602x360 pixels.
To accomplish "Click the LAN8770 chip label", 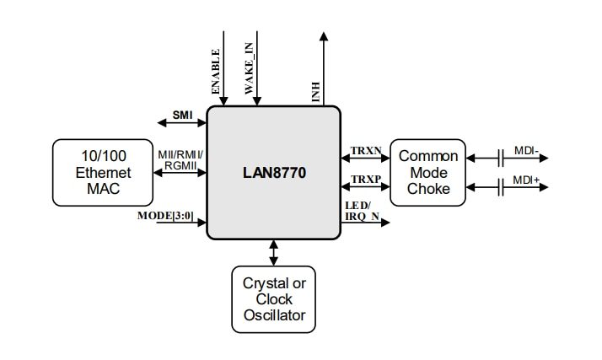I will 274,173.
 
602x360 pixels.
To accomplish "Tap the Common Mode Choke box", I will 428,173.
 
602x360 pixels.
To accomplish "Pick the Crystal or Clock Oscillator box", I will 274,299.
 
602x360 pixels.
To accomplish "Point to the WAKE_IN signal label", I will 249,72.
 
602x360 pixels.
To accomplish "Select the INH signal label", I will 316,91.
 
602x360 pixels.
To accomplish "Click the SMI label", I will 182,114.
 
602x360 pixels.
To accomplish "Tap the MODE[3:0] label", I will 165,216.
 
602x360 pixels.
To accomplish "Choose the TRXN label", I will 366,150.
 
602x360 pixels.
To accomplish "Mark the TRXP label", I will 366,180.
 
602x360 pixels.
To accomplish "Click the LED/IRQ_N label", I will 361,212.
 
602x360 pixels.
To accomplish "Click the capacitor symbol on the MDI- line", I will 501,157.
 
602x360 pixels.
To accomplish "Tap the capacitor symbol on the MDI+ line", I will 501,187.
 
